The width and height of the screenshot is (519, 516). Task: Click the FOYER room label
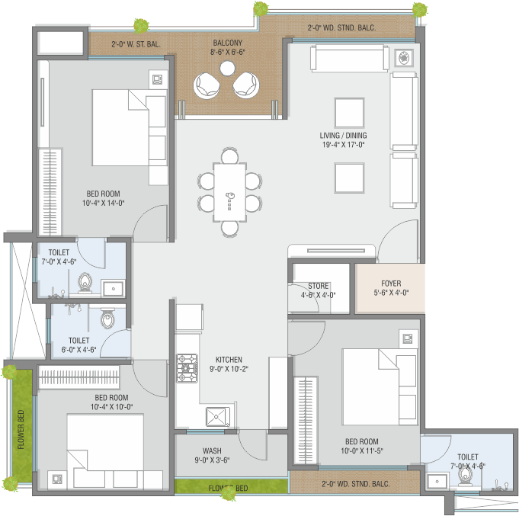[391, 284]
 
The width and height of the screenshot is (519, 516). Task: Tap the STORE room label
[318, 286]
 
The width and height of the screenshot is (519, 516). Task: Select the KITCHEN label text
[229, 360]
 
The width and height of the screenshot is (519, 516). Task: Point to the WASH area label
[212, 450]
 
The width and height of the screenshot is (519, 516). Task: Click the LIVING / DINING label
[343, 136]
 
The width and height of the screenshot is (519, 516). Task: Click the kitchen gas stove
[187, 368]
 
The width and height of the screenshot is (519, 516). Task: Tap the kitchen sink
[218, 417]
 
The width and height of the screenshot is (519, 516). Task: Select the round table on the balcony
[227, 69]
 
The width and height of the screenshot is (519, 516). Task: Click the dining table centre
[229, 192]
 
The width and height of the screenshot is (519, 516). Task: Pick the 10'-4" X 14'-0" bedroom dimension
[104, 203]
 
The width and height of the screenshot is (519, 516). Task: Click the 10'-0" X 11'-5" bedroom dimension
[362, 450]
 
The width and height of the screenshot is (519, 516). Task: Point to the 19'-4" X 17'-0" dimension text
[343, 145]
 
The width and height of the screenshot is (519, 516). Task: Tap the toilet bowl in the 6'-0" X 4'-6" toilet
[107, 319]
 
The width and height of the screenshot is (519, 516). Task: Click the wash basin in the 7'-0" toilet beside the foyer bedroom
[437, 481]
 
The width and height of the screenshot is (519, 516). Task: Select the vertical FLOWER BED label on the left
[21, 430]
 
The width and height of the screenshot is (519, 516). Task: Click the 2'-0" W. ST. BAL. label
[136, 44]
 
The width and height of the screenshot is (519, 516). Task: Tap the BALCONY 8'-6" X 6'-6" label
[228, 47]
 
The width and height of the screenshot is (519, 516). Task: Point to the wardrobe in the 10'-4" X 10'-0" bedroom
[78, 377]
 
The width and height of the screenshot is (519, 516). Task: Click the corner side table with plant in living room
[404, 58]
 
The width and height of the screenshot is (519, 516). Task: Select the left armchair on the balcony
[207, 85]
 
